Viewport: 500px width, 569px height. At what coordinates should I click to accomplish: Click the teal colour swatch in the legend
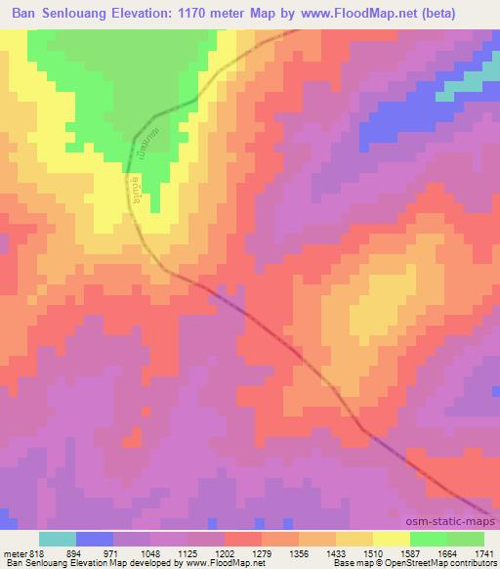(x=57, y=539)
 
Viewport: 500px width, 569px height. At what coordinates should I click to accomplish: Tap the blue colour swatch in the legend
(x=94, y=539)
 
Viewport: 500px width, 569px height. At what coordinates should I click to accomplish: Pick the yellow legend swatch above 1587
(x=391, y=539)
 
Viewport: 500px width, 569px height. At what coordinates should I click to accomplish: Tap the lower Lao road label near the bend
(x=136, y=186)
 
